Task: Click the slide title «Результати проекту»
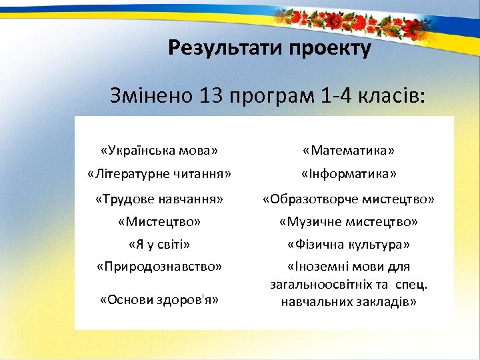(x=269, y=49)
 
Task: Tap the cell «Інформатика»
(x=348, y=174)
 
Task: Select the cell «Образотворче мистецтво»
(x=348, y=199)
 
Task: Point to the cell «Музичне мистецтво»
(x=348, y=221)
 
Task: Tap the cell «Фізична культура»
(x=348, y=244)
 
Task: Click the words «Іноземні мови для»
(x=348, y=267)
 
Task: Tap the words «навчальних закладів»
(x=348, y=302)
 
